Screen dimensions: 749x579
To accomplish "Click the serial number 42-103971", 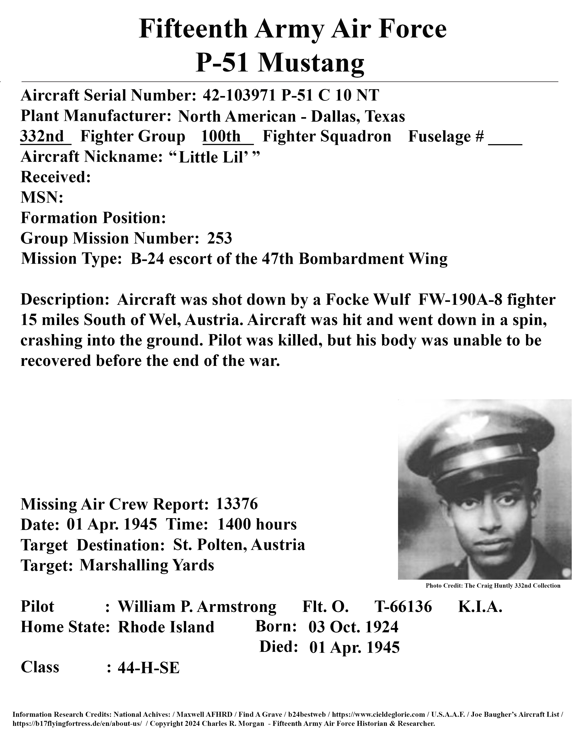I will coord(239,95).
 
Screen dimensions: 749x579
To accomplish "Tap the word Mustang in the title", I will coord(310,63).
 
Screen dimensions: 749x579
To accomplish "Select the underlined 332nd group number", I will coord(42,136).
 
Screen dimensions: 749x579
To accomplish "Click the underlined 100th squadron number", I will coord(222,136).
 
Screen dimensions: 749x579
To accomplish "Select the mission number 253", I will coord(220,238).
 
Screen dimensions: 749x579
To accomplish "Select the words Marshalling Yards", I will coord(147,565).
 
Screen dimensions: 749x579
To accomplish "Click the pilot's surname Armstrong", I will coord(237,606).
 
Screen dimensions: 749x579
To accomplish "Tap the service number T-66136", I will coord(403,606).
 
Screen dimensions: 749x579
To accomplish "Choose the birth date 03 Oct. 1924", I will coord(353,627).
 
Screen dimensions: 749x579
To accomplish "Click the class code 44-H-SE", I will coord(148,668).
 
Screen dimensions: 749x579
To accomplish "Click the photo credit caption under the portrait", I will coord(493,585).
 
